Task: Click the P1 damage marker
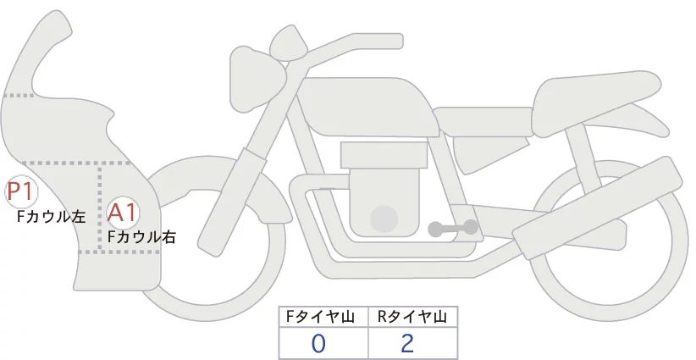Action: click(x=21, y=191)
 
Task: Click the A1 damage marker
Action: click(x=123, y=213)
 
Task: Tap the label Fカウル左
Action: click(x=51, y=217)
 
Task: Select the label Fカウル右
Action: click(x=141, y=237)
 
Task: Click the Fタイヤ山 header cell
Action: click(x=323, y=317)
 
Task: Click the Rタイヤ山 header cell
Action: click(x=412, y=317)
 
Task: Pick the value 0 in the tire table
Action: click(x=318, y=344)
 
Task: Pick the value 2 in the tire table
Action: click(x=407, y=344)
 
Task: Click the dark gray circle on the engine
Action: click(x=384, y=219)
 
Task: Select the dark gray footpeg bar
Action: click(x=453, y=228)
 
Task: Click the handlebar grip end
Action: click(x=397, y=42)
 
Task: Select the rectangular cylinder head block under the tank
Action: click(x=384, y=155)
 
